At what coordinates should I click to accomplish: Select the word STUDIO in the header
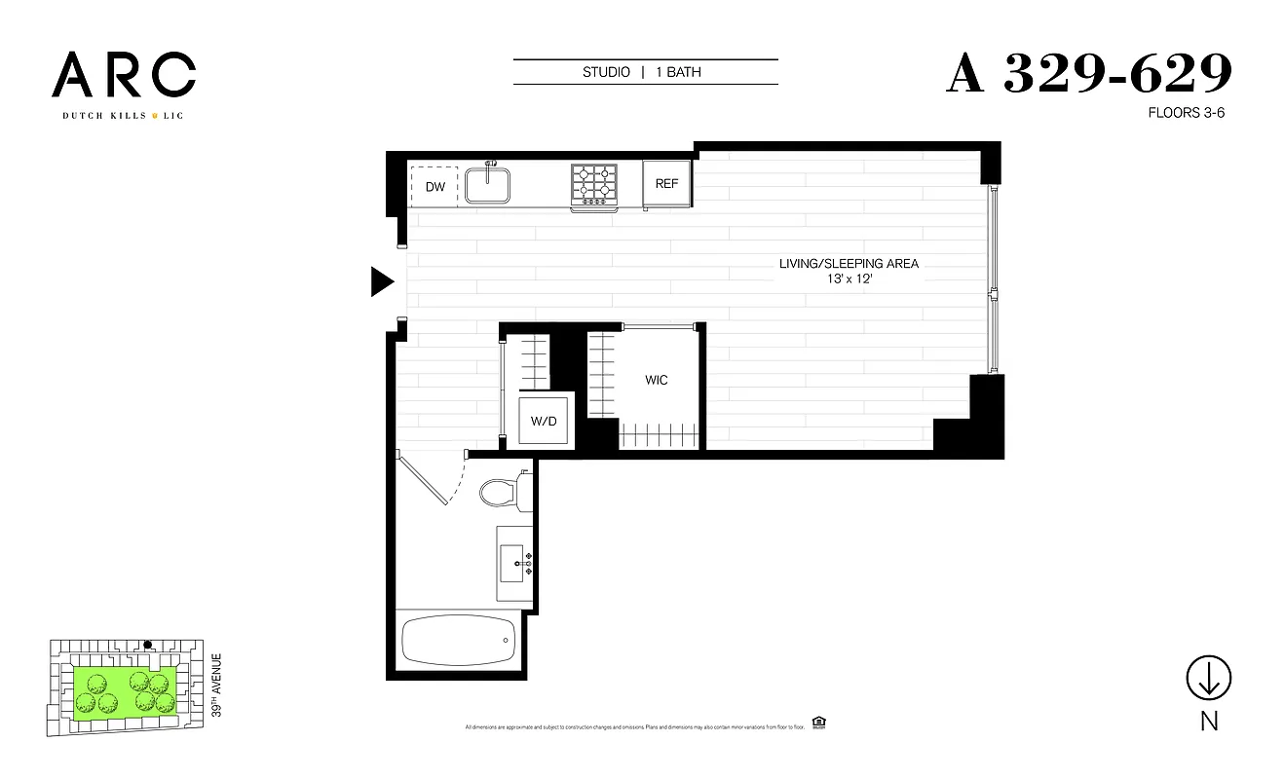(606, 72)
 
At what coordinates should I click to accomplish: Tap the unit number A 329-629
(1088, 74)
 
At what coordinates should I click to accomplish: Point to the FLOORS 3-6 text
(1187, 113)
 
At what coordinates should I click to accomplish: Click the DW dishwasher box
(434, 186)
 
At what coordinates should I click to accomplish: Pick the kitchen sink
(489, 184)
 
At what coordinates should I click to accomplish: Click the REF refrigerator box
(666, 183)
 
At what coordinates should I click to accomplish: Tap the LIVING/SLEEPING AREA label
(849, 264)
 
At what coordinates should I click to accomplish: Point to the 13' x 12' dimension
(849, 279)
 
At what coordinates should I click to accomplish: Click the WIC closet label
(656, 380)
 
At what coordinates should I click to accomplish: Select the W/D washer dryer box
(544, 421)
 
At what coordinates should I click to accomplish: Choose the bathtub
(457, 639)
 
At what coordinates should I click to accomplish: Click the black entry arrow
(381, 281)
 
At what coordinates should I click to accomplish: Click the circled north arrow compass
(1208, 677)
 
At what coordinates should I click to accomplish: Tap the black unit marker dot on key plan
(148, 645)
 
